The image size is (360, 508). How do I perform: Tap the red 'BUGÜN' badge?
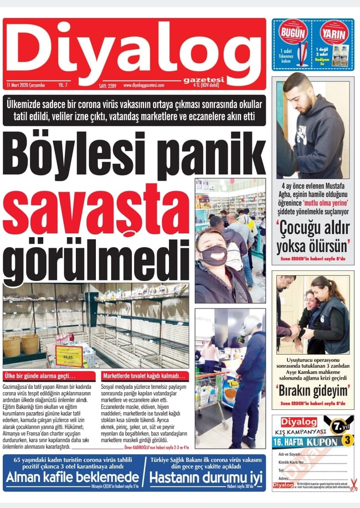pos(293,32)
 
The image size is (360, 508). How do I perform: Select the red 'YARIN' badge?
pos(335,32)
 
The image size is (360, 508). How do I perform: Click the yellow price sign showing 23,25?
pos(69,354)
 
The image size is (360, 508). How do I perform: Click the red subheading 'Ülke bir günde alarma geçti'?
pos(40,377)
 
